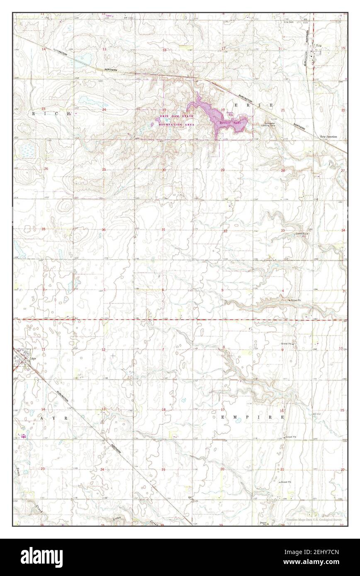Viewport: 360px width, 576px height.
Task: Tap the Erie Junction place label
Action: pyautogui.click(x=328, y=136)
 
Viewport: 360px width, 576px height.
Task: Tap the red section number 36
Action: pyautogui.click(x=104, y=230)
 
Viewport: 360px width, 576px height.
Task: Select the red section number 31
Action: pyautogui.click(x=163, y=230)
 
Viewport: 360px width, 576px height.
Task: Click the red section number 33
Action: pyautogui.click(x=282, y=230)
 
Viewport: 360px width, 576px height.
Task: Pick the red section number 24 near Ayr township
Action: pyautogui.click(x=102, y=470)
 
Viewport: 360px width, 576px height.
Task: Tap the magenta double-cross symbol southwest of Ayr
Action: pyautogui.click(x=22, y=436)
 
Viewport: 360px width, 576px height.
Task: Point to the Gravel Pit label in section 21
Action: pyautogui.click(x=286, y=482)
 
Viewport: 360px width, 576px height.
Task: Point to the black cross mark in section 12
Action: pyautogui.click(x=113, y=356)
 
